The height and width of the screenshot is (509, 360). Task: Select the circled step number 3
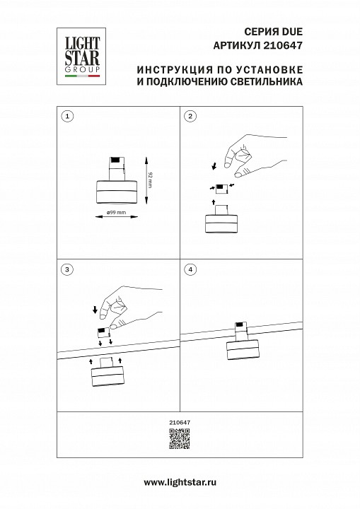point(66,269)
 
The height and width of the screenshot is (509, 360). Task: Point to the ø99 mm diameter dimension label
point(116,213)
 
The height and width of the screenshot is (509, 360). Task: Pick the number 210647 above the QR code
point(180,422)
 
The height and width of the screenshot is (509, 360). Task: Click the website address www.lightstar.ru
point(180,482)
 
